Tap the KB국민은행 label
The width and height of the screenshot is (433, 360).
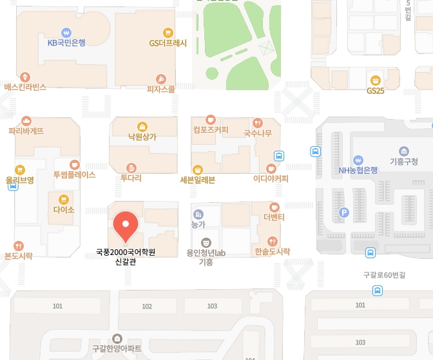66,43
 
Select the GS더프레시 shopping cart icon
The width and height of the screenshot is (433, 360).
168,33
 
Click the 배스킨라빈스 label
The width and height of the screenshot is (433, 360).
25,86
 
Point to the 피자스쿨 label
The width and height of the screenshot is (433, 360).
161,90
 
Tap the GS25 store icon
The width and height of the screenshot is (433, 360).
375,81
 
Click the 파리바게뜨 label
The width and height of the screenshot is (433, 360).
26,131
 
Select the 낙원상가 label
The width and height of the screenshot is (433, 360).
142,137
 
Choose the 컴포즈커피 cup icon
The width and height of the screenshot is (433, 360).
210,119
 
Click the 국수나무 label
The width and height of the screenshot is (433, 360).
257,133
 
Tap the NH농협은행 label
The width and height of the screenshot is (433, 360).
358,171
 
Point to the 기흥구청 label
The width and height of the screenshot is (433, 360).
404,162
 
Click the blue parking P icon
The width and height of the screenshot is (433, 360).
344,212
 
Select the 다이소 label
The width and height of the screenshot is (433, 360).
64,210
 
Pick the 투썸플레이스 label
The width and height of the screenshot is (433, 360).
74,175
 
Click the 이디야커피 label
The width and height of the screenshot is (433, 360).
271,178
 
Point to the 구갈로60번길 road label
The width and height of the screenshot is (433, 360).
384,275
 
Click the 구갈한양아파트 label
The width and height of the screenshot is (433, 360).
117,348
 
